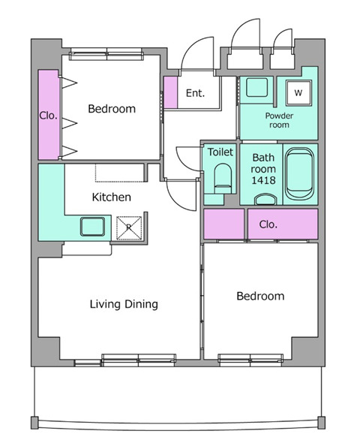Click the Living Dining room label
click(124, 304)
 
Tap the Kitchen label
click(112, 197)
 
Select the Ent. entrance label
click(196, 93)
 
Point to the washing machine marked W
click(298, 92)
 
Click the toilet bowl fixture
click(223, 178)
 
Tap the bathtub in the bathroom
click(299, 174)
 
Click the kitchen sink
click(92, 227)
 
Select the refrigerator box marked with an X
click(129, 228)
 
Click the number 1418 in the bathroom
click(263, 180)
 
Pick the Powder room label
click(279, 120)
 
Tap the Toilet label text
click(220, 152)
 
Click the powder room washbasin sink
click(256, 88)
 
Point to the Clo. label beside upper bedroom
click(49, 116)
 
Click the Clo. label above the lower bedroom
click(268, 225)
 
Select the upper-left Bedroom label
click(112, 109)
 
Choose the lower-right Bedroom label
click(260, 296)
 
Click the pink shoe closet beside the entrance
click(170, 92)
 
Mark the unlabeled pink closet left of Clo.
click(223, 224)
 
